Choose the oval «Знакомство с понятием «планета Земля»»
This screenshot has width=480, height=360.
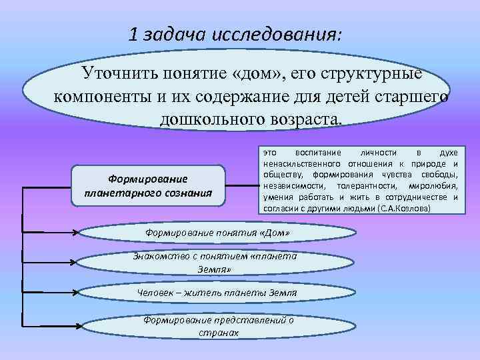(215, 263)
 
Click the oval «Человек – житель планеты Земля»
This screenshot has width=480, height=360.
(215, 293)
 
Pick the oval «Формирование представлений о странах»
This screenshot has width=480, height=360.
(219, 325)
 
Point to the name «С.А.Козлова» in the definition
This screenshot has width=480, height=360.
(405, 209)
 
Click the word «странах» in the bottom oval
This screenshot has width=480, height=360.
(219, 331)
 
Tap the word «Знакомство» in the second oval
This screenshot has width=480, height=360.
(159, 257)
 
